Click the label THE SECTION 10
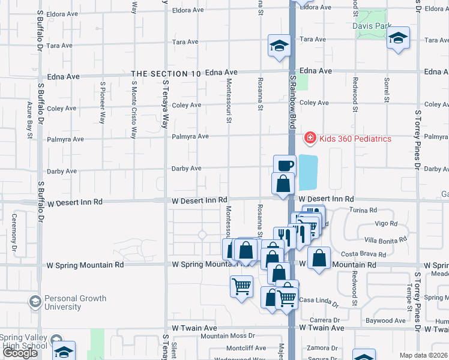(x=166, y=74)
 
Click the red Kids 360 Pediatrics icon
(x=310, y=139)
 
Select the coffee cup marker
(x=285, y=165)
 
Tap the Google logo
(x=20, y=353)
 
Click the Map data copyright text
(x=423, y=355)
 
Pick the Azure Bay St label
(x=29, y=120)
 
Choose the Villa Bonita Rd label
(x=385, y=240)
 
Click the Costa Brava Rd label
(x=359, y=255)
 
